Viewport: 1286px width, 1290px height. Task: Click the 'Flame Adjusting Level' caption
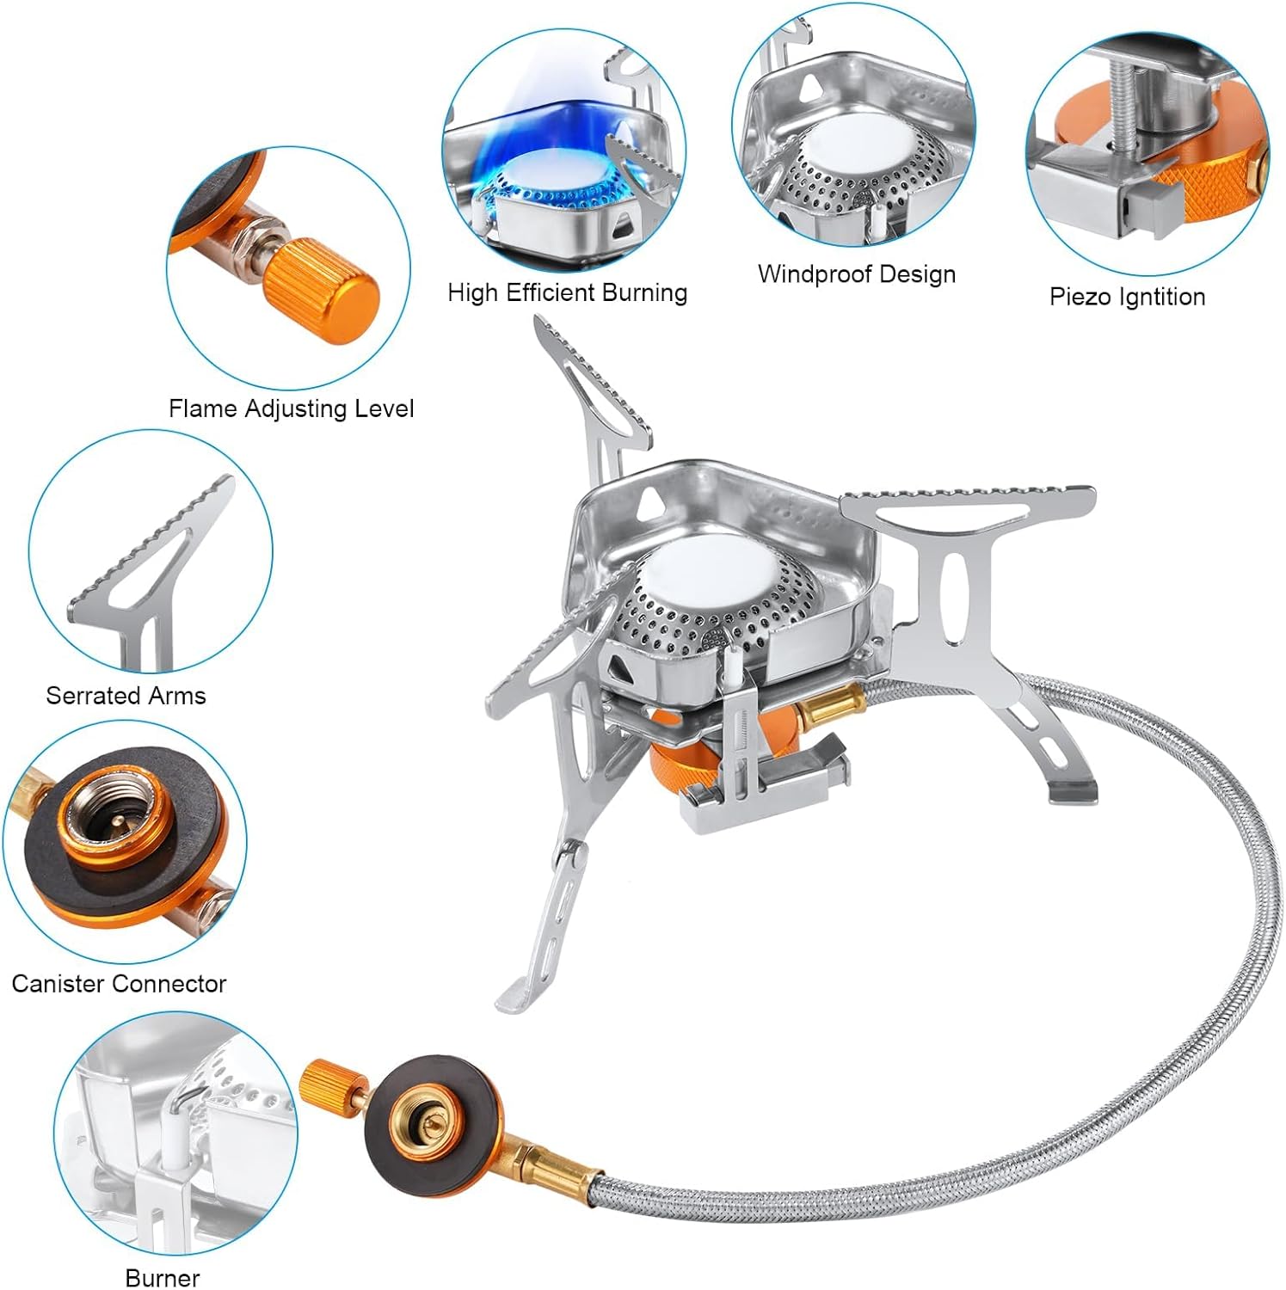[291, 408]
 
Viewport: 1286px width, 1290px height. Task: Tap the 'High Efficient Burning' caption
[567, 293]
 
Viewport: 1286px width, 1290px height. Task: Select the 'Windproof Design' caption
[856, 274]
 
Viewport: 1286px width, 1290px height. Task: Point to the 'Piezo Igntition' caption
[1127, 298]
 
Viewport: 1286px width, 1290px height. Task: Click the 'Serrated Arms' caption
[126, 696]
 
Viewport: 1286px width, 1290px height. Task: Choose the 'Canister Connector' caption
[119, 984]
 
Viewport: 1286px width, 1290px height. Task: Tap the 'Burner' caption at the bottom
[162, 1278]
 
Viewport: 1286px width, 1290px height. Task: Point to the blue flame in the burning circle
[516, 146]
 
